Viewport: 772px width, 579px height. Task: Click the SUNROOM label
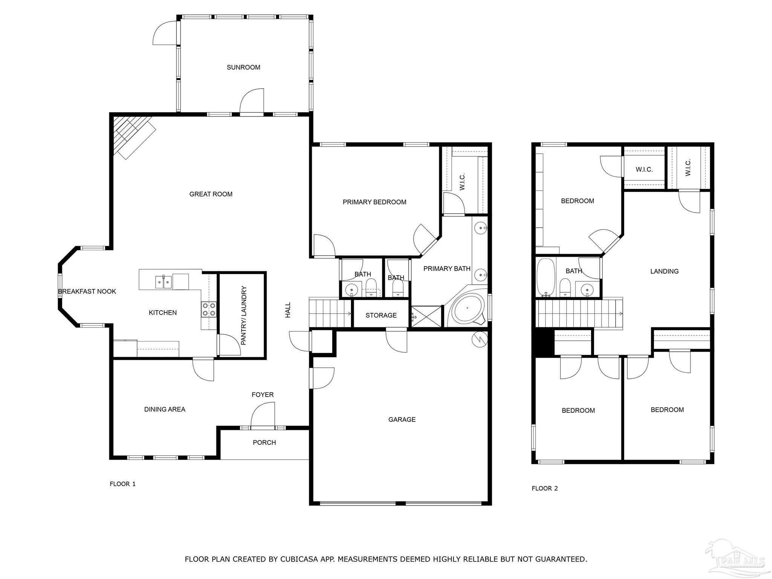click(x=243, y=67)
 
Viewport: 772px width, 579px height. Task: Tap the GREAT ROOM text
click(x=211, y=194)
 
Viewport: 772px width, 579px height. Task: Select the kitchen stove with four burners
click(x=209, y=309)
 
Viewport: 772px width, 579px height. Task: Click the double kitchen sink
click(x=163, y=282)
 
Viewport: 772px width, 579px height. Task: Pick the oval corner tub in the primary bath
click(x=468, y=309)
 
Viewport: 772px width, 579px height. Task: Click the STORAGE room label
click(x=381, y=315)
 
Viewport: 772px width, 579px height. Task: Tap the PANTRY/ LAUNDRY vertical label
click(x=244, y=316)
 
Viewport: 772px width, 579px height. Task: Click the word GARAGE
click(x=402, y=420)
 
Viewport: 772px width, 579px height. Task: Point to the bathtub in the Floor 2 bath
click(x=545, y=277)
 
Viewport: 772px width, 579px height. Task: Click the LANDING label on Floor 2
click(x=664, y=271)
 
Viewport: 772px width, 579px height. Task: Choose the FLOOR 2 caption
click(x=544, y=489)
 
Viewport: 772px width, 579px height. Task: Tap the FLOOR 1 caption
click(x=123, y=484)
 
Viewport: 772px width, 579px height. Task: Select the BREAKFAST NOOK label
click(x=87, y=291)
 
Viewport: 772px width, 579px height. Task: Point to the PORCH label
click(x=264, y=443)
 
